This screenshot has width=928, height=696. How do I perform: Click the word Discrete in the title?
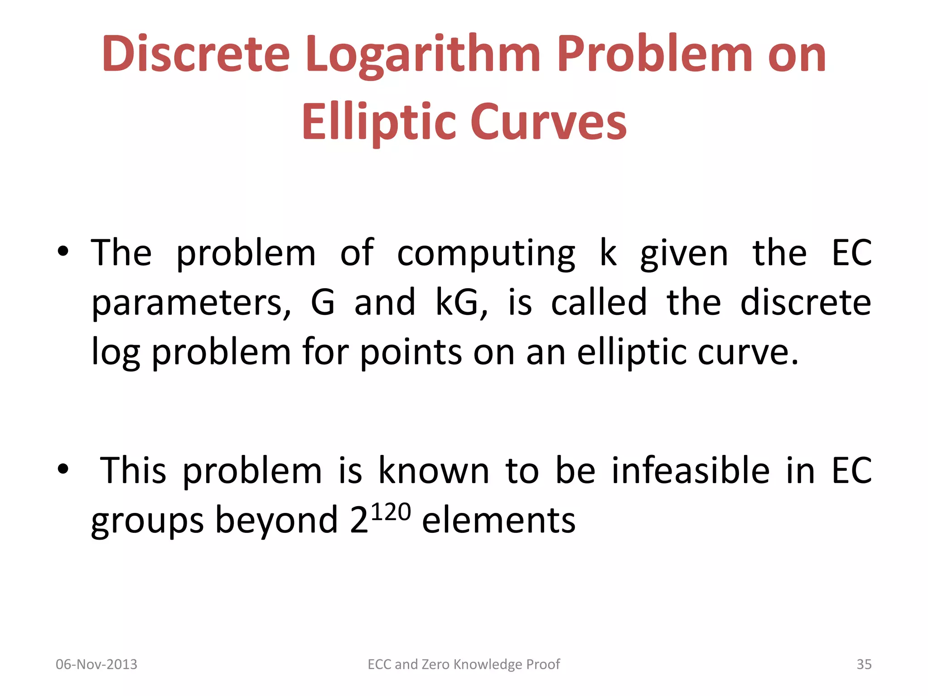click(x=196, y=54)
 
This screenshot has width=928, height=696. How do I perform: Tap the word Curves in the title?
click(x=549, y=121)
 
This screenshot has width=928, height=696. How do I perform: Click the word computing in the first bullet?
click(x=486, y=254)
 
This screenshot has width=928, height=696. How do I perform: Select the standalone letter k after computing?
click(x=608, y=252)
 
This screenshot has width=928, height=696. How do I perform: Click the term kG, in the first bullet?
click(x=461, y=303)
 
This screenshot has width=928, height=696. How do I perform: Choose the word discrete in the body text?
click(x=805, y=302)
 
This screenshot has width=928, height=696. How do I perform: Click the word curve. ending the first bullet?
click(x=748, y=353)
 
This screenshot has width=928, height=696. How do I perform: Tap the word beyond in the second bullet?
click(x=276, y=521)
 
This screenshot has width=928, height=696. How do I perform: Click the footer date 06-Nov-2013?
click(x=97, y=664)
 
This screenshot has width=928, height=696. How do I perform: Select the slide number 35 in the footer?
click(x=864, y=664)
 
